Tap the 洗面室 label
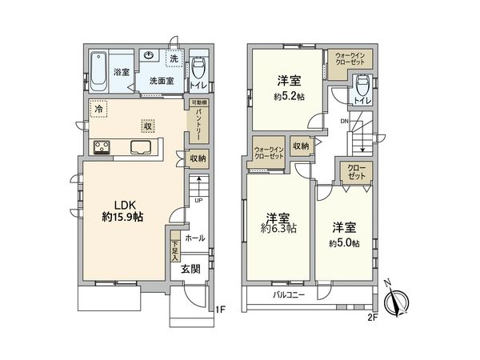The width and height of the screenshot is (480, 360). coord(162,80)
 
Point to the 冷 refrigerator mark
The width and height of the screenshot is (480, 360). coord(98,108)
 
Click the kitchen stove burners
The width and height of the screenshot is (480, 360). coord(105,146)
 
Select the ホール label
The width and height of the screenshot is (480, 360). coord(194,238)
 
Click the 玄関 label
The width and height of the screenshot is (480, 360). coord(190,268)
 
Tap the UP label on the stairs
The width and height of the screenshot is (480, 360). coord(198,200)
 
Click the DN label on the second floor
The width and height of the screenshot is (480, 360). coord(345,121)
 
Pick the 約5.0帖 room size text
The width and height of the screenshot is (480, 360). coord(344,242)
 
